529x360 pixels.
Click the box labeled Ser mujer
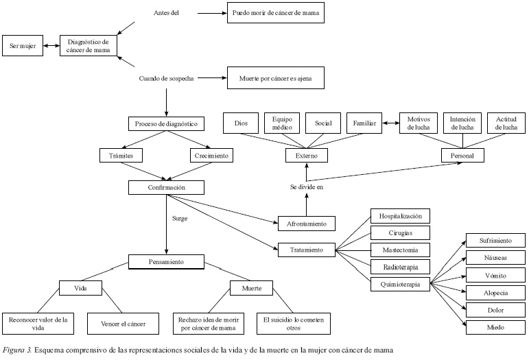click(22, 46)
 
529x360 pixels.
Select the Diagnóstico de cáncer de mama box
click(87, 46)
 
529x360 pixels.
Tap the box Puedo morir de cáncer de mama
click(275, 13)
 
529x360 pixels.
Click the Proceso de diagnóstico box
click(167, 124)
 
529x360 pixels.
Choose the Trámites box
click(121, 156)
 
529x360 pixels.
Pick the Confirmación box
click(167, 187)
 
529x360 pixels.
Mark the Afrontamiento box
click(307, 223)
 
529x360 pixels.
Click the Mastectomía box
click(400, 249)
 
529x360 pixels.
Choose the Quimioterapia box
click(400, 283)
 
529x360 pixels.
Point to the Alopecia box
click(496, 293)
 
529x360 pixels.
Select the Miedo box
click(496, 328)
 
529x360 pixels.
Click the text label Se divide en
click(307, 187)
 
